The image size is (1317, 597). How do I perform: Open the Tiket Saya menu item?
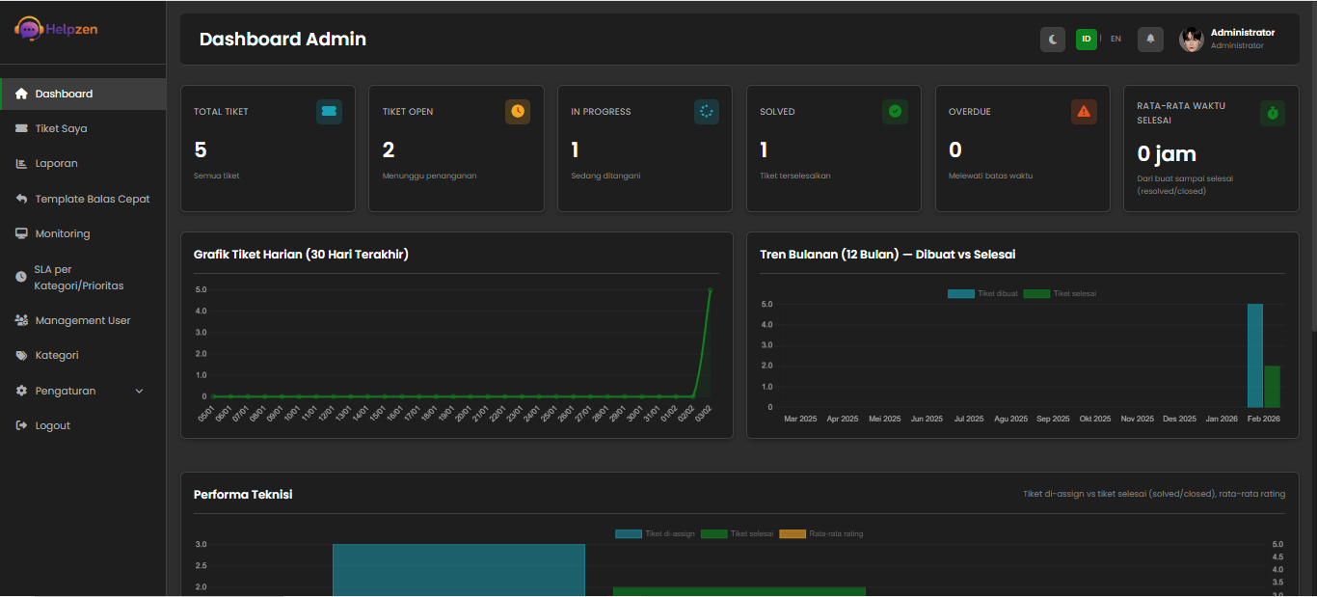(61, 128)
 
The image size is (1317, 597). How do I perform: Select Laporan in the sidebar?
(56, 163)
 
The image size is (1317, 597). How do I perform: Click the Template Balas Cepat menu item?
(92, 199)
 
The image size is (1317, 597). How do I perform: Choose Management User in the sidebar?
(82, 320)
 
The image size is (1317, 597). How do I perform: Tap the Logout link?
(52, 425)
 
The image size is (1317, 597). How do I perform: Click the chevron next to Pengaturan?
(139, 391)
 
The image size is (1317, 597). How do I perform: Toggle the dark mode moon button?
(1053, 40)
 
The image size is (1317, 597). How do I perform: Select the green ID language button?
(1087, 40)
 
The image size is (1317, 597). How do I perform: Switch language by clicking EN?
(1115, 40)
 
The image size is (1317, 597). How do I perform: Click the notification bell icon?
(1150, 40)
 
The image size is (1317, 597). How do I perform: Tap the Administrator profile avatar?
(1192, 40)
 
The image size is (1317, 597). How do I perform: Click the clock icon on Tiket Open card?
(518, 112)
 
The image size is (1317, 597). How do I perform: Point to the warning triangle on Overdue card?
(1084, 112)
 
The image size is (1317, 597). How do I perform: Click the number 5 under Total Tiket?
(201, 149)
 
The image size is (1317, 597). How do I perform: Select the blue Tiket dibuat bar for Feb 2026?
(1254, 356)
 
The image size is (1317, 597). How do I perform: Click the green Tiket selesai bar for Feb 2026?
(1272, 387)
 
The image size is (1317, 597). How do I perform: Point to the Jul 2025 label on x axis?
(969, 419)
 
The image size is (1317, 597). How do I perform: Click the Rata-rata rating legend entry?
(821, 533)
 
